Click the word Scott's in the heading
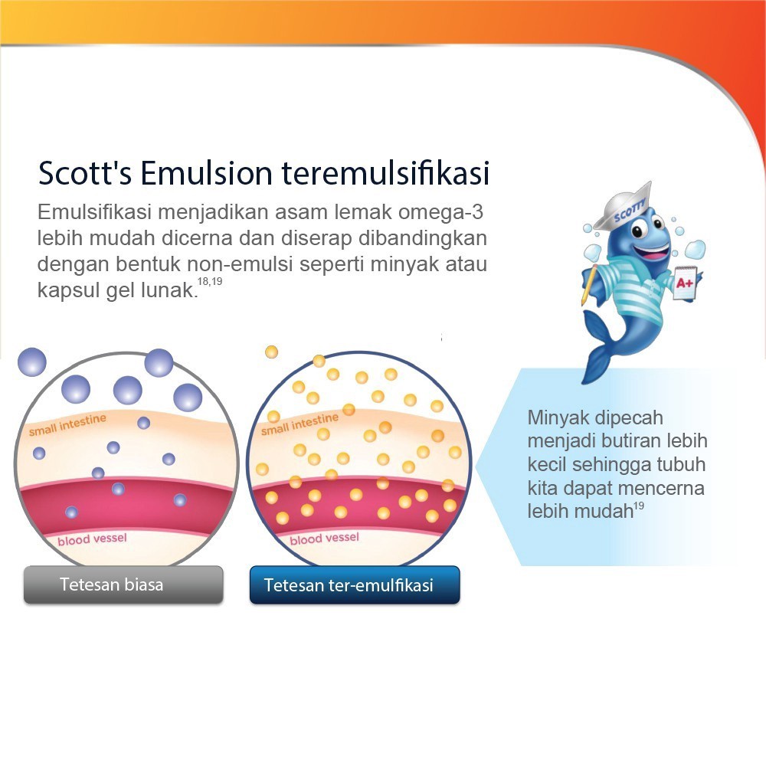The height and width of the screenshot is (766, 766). pos(85,173)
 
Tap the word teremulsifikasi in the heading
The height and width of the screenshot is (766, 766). pos(385,173)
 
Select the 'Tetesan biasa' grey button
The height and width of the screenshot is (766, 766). pos(123,584)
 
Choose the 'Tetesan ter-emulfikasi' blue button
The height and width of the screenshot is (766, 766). pos(355,584)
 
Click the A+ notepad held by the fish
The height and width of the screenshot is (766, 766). pos(685,283)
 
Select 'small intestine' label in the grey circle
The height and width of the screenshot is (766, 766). pos(67,424)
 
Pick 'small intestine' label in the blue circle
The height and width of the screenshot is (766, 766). pos(300,424)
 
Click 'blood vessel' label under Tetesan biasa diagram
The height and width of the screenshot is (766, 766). pos(92,539)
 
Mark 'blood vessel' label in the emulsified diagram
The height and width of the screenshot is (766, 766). pos(324,538)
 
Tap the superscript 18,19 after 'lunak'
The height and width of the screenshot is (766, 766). pos(210,281)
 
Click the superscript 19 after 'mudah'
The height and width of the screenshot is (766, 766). pos(639,506)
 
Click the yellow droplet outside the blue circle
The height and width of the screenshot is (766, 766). pos(271,352)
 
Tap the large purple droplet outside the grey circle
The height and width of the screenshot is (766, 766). pos(31,362)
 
